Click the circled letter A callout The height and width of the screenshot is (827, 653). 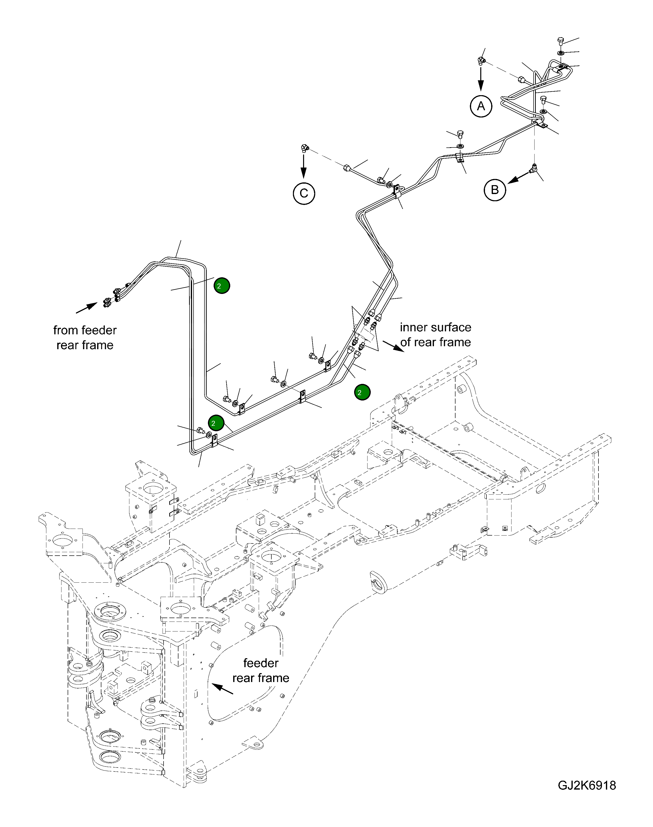tap(481, 106)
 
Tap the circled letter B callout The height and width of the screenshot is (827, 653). tap(495, 190)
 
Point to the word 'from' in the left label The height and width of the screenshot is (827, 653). tap(64, 330)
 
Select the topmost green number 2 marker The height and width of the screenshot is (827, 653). tap(222, 285)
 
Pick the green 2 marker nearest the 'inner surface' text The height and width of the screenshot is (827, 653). tap(362, 392)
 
